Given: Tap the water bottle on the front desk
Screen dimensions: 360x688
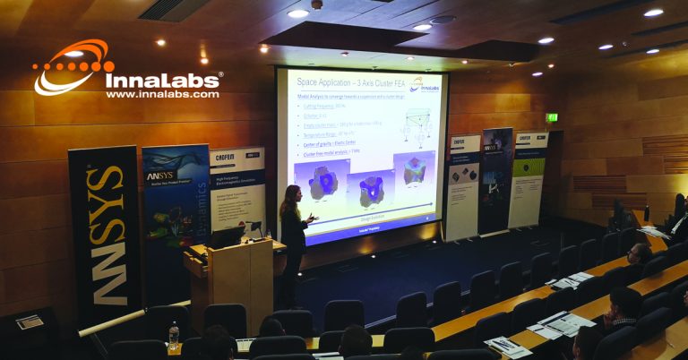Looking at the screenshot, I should click(x=174, y=334).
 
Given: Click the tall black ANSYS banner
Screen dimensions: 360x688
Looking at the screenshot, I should click(x=105, y=237).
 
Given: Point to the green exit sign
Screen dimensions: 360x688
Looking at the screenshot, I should click(x=552, y=117).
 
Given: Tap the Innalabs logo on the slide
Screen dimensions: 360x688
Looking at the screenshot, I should click(x=425, y=83).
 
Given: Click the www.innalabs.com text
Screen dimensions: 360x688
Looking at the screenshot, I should click(x=162, y=93).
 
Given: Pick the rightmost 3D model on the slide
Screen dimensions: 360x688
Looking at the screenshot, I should click(x=414, y=171).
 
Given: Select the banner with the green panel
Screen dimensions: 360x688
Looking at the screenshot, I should click(x=529, y=179).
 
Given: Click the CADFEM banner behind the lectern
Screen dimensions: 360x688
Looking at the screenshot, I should click(x=238, y=188).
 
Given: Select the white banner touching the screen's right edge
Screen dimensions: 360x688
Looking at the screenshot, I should click(x=462, y=188).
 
